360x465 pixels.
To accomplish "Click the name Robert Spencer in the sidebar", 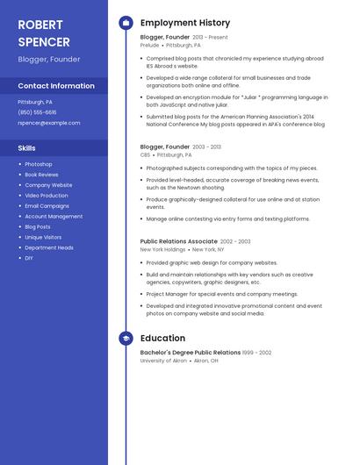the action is [x=43, y=32].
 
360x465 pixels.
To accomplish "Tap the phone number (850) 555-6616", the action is [x=37, y=112].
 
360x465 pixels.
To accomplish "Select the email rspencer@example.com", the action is [x=49, y=123].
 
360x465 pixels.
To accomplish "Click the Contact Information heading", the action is [x=56, y=86].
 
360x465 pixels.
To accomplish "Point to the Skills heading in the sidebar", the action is [x=27, y=148].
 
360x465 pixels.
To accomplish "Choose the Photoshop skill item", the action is [x=39, y=164].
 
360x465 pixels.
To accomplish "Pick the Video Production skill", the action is [x=47, y=196].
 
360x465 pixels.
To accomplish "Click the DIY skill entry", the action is [x=29, y=258].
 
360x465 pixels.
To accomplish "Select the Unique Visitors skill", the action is [x=43, y=237].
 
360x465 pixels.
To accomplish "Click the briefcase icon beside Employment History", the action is [x=126, y=23].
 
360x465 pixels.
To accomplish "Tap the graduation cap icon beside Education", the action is [x=126, y=338].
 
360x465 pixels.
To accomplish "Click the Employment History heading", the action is [x=185, y=23].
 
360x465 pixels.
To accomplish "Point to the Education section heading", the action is [x=162, y=338].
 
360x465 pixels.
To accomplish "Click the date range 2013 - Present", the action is [x=210, y=38].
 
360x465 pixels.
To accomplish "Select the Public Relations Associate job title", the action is [x=178, y=241].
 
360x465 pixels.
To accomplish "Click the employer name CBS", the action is [x=145, y=154].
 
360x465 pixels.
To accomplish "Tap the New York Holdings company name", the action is [x=163, y=249].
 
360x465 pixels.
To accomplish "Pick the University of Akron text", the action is [x=163, y=361].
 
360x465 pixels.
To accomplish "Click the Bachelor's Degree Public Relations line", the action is [x=190, y=353].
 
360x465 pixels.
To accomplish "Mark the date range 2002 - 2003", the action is [x=235, y=241].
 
